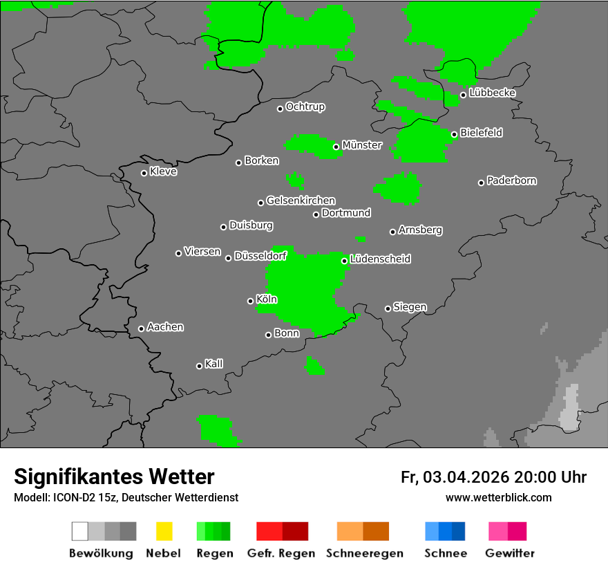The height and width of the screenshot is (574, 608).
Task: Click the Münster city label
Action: [362, 145]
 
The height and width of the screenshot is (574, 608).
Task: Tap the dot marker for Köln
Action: [250, 301]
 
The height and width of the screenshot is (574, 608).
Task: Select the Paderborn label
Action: [512, 180]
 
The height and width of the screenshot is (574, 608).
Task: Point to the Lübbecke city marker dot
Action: [463, 95]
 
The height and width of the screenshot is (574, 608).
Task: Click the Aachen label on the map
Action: [165, 327]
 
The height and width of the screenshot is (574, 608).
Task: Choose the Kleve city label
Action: [164, 172]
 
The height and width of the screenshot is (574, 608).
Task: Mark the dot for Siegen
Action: [388, 308]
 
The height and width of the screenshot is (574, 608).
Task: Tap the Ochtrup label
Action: [305, 107]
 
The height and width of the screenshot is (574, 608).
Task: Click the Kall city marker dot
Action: [199, 366]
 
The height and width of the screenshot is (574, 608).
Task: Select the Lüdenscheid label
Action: [381, 259]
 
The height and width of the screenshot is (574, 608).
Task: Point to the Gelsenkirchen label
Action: [301, 201]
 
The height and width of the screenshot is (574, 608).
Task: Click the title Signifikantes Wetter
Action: [114, 477]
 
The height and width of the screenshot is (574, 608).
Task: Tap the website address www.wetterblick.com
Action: [498, 497]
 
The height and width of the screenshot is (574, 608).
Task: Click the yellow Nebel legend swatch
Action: [164, 531]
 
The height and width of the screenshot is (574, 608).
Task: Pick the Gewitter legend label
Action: [510, 553]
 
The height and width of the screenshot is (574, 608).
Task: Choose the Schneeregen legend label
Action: [365, 553]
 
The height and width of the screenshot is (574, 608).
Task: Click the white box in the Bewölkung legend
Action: [80, 531]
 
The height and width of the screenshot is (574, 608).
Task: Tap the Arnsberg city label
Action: [420, 230]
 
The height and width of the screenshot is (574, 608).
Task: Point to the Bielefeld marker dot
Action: [454, 135]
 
